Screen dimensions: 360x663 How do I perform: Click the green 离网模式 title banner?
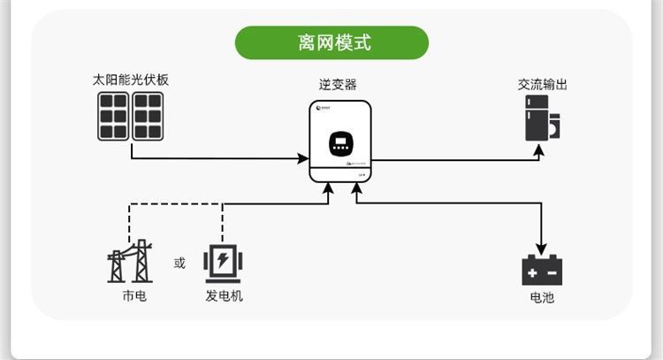tap(331, 42)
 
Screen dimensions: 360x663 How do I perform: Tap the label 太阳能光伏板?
tap(130, 80)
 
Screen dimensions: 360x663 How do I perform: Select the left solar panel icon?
tap(113, 116)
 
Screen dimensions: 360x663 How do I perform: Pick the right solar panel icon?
tap(147, 116)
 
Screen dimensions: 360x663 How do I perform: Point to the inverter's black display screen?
tap(339, 143)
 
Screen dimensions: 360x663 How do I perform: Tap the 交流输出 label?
tap(542, 85)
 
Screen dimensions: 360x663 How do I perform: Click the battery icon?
tap(542, 269)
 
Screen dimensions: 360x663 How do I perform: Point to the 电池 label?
tap(542, 298)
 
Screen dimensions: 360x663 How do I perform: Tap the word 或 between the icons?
tap(180, 263)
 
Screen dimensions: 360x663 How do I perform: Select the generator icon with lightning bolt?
tap(222, 263)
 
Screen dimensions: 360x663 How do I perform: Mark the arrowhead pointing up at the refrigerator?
tap(542, 151)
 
